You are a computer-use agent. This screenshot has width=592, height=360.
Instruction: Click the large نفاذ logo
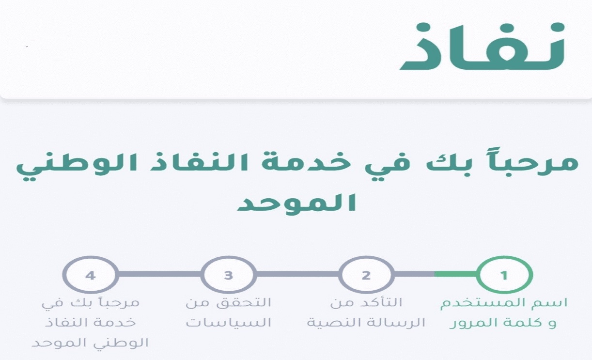[x=483, y=46]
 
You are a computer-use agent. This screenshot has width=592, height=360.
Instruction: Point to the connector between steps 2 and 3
[x=297, y=274]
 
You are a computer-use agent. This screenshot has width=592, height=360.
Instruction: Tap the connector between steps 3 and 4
[x=160, y=274]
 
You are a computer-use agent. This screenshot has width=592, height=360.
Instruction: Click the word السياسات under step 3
[x=229, y=323]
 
